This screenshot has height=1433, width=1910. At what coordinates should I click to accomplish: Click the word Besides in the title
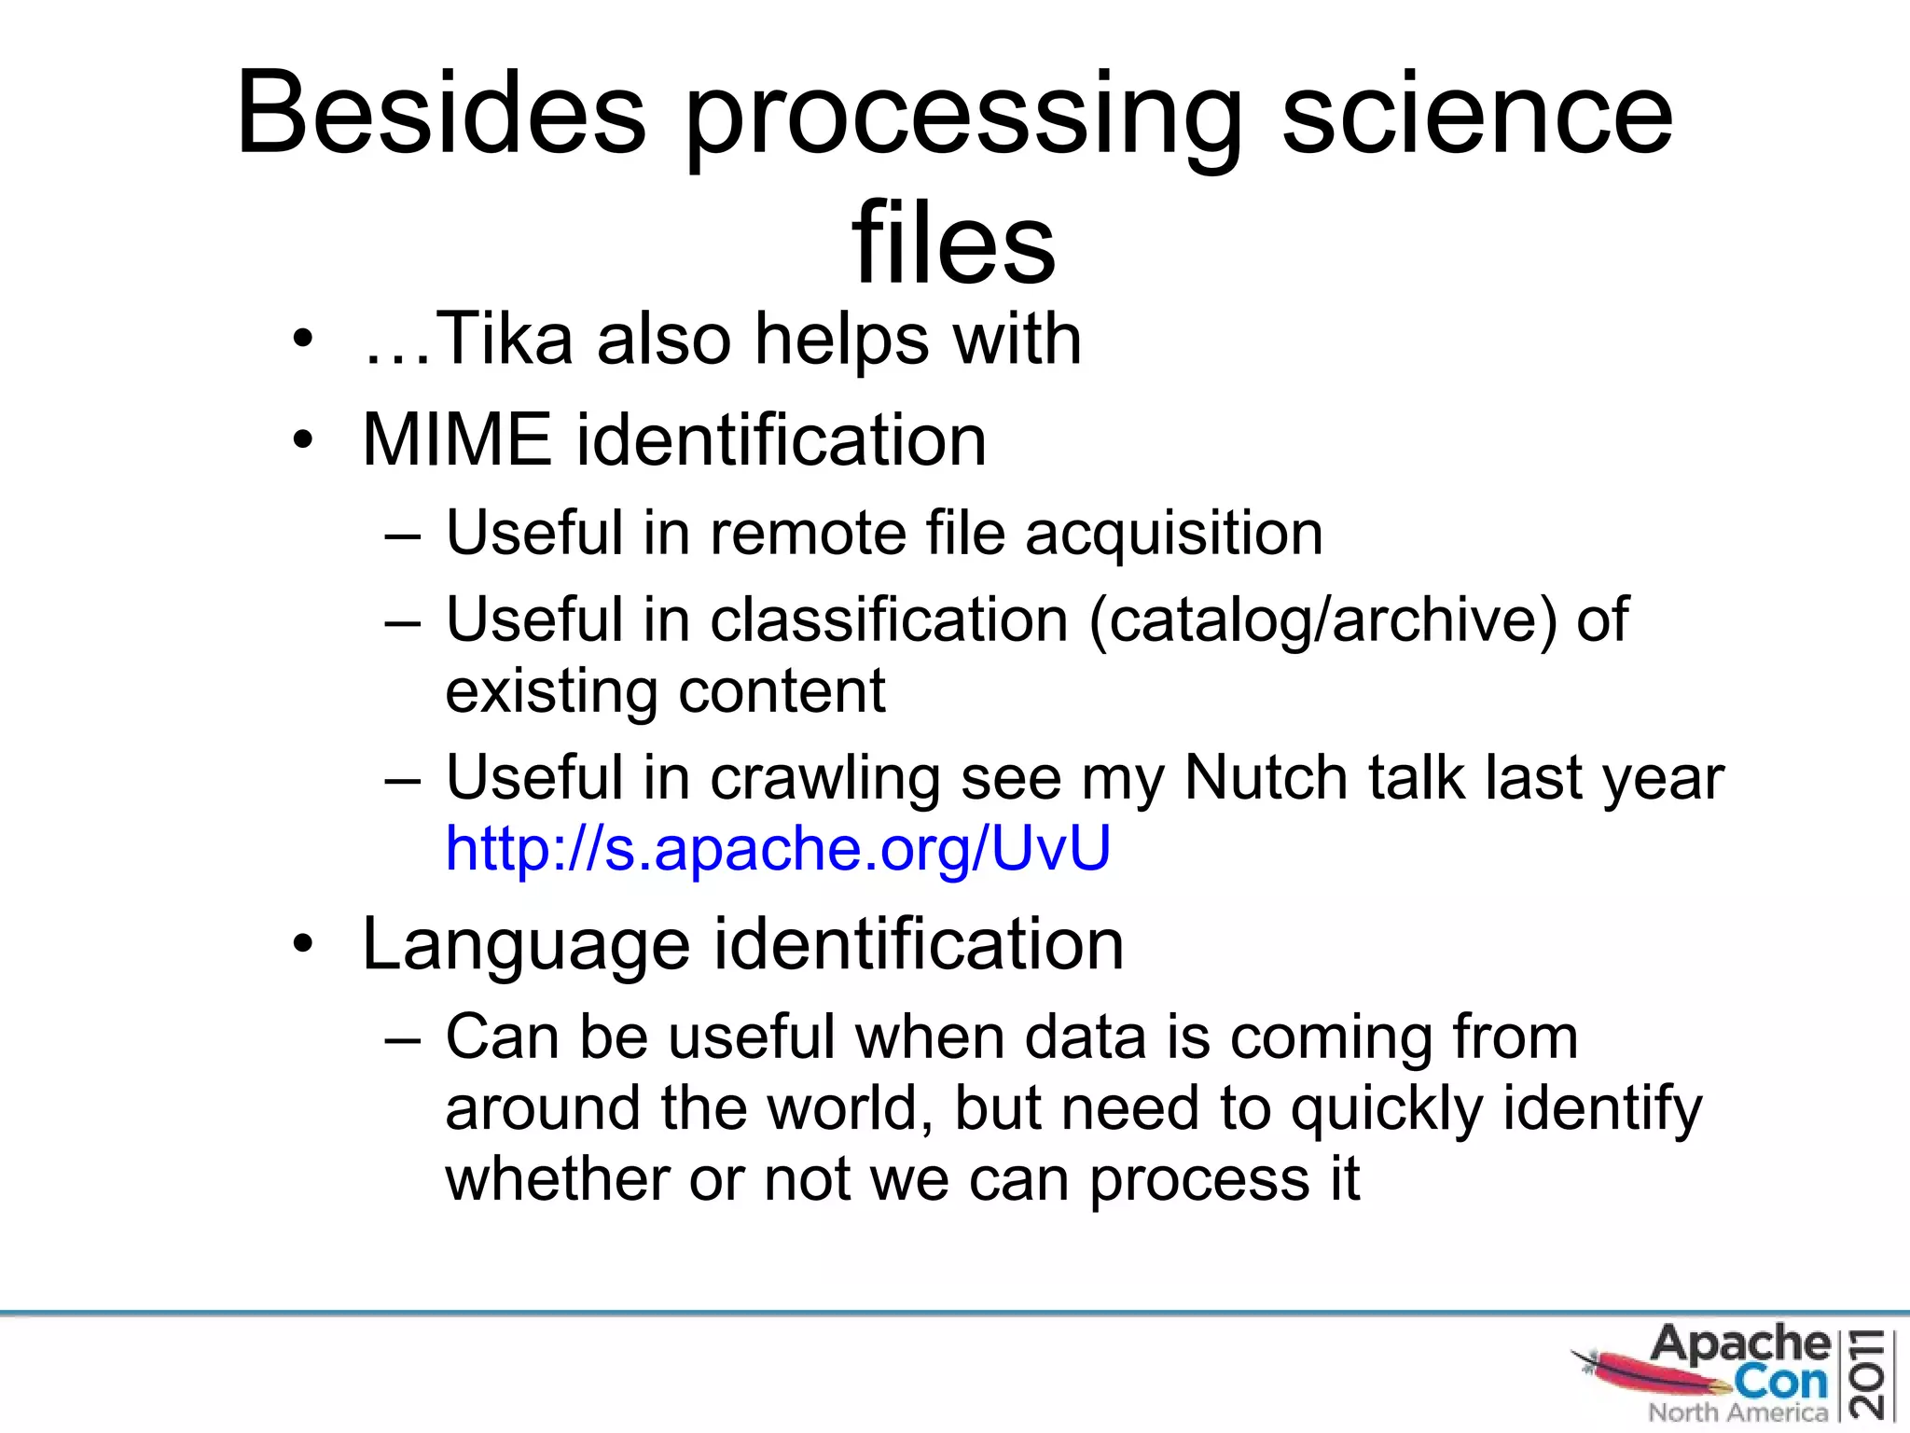coord(440,114)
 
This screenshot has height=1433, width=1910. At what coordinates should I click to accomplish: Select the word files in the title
coord(953,244)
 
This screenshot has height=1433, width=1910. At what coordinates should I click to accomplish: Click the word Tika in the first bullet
coord(504,339)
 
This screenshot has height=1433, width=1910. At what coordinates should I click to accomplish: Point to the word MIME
coord(457,439)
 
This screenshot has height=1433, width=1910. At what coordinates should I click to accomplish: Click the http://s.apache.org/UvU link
coord(778,848)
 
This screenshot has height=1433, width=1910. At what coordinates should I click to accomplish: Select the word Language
coord(526,945)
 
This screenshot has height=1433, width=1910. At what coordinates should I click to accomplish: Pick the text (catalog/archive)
coord(1322,620)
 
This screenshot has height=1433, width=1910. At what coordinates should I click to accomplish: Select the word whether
coord(557,1179)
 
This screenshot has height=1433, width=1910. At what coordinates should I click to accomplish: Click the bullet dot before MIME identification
coord(302,439)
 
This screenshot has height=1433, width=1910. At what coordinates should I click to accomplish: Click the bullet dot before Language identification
coord(302,944)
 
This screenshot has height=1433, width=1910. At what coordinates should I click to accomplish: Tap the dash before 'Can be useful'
coord(402,1038)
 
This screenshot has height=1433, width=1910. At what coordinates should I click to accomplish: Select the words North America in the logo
coord(1737,1412)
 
